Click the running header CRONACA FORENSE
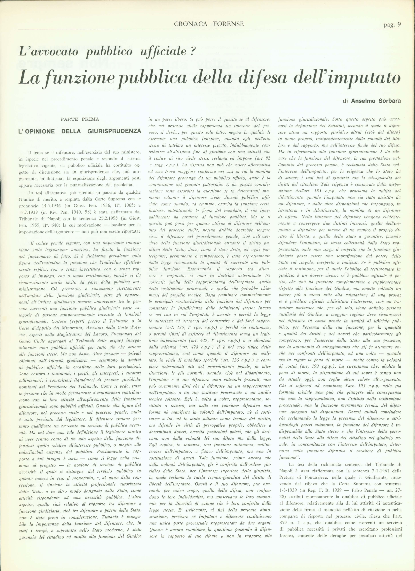click(x=209, y=24)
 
